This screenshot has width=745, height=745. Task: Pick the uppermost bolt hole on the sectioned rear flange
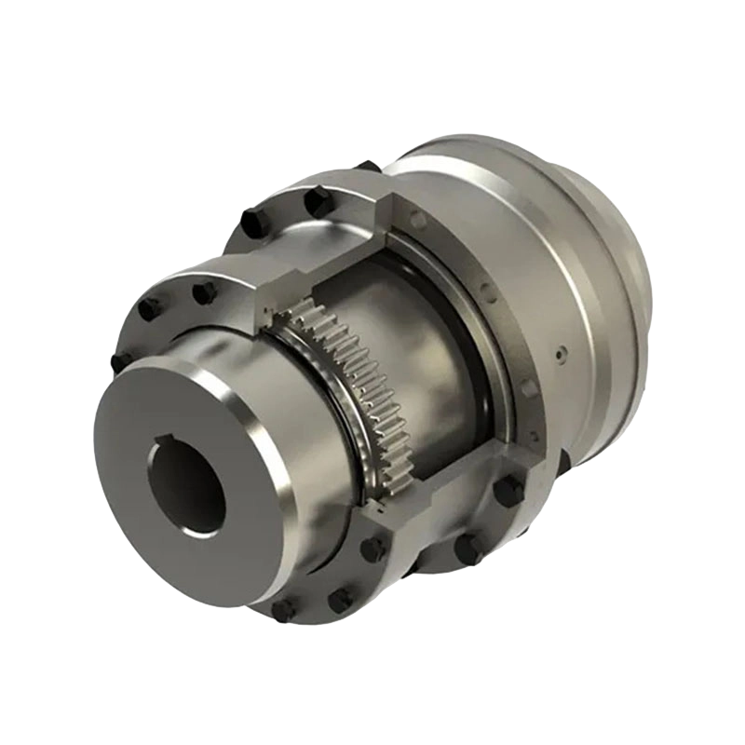[x=418, y=220]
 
